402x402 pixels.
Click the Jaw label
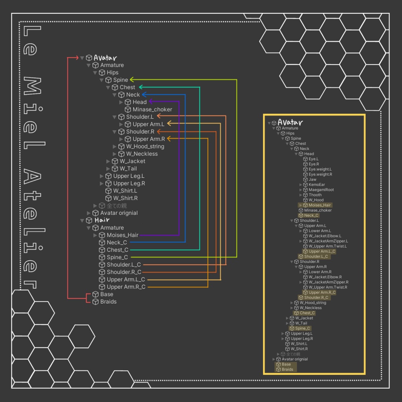tap(312, 179)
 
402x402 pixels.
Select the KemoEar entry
tap(316, 185)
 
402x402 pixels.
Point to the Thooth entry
tap(315, 195)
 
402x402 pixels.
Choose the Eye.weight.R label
tap(320, 174)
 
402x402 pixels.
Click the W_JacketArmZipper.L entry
tap(328, 241)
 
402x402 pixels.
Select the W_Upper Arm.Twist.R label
tap(328, 287)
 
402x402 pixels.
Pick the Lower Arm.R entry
tap(320, 272)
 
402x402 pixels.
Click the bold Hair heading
tap(102, 220)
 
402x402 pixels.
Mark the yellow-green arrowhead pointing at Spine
tap(132, 80)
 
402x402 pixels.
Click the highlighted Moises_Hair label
tap(320, 205)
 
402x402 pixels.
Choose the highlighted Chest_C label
tap(307, 313)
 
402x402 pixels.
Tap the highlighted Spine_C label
tap(302, 328)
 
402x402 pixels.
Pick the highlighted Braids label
tap(287, 369)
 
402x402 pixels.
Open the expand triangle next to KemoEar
tap(301, 185)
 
